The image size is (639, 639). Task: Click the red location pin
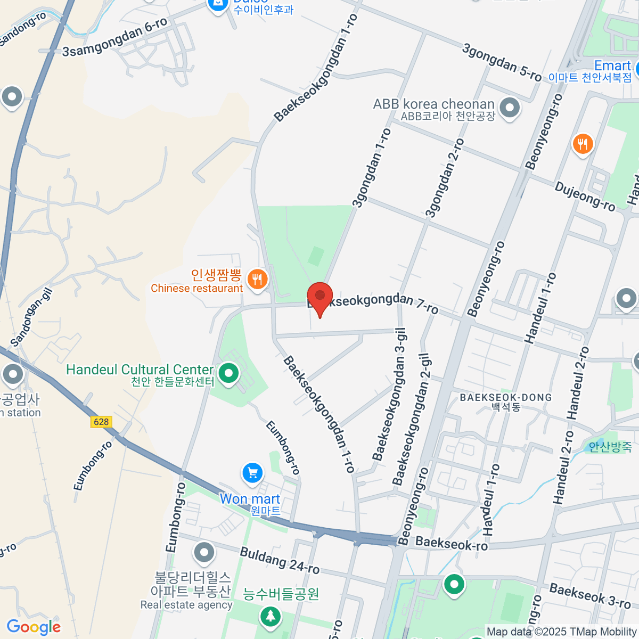(x=320, y=297)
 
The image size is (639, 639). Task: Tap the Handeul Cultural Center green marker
(x=229, y=373)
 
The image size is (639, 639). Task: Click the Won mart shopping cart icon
(x=252, y=473)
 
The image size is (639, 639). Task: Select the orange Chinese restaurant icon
(x=258, y=278)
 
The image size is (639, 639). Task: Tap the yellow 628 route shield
(x=101, y=422)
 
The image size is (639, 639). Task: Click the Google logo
(x=34, y=627)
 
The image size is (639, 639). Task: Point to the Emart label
(x=612, y=66)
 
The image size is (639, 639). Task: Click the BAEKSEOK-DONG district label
(x=506, y=398)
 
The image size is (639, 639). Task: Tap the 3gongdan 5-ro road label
(x=502, y=63)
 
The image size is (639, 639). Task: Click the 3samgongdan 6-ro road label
(x=115, y=37)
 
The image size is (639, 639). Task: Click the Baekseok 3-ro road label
(x=590, y=596)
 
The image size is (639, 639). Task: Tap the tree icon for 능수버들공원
(x=271, y=617)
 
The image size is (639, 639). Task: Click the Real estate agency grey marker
(x=204, y=553)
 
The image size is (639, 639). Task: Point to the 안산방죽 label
(x=610, y=446)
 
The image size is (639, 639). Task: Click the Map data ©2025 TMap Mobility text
(x=562, y=632)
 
